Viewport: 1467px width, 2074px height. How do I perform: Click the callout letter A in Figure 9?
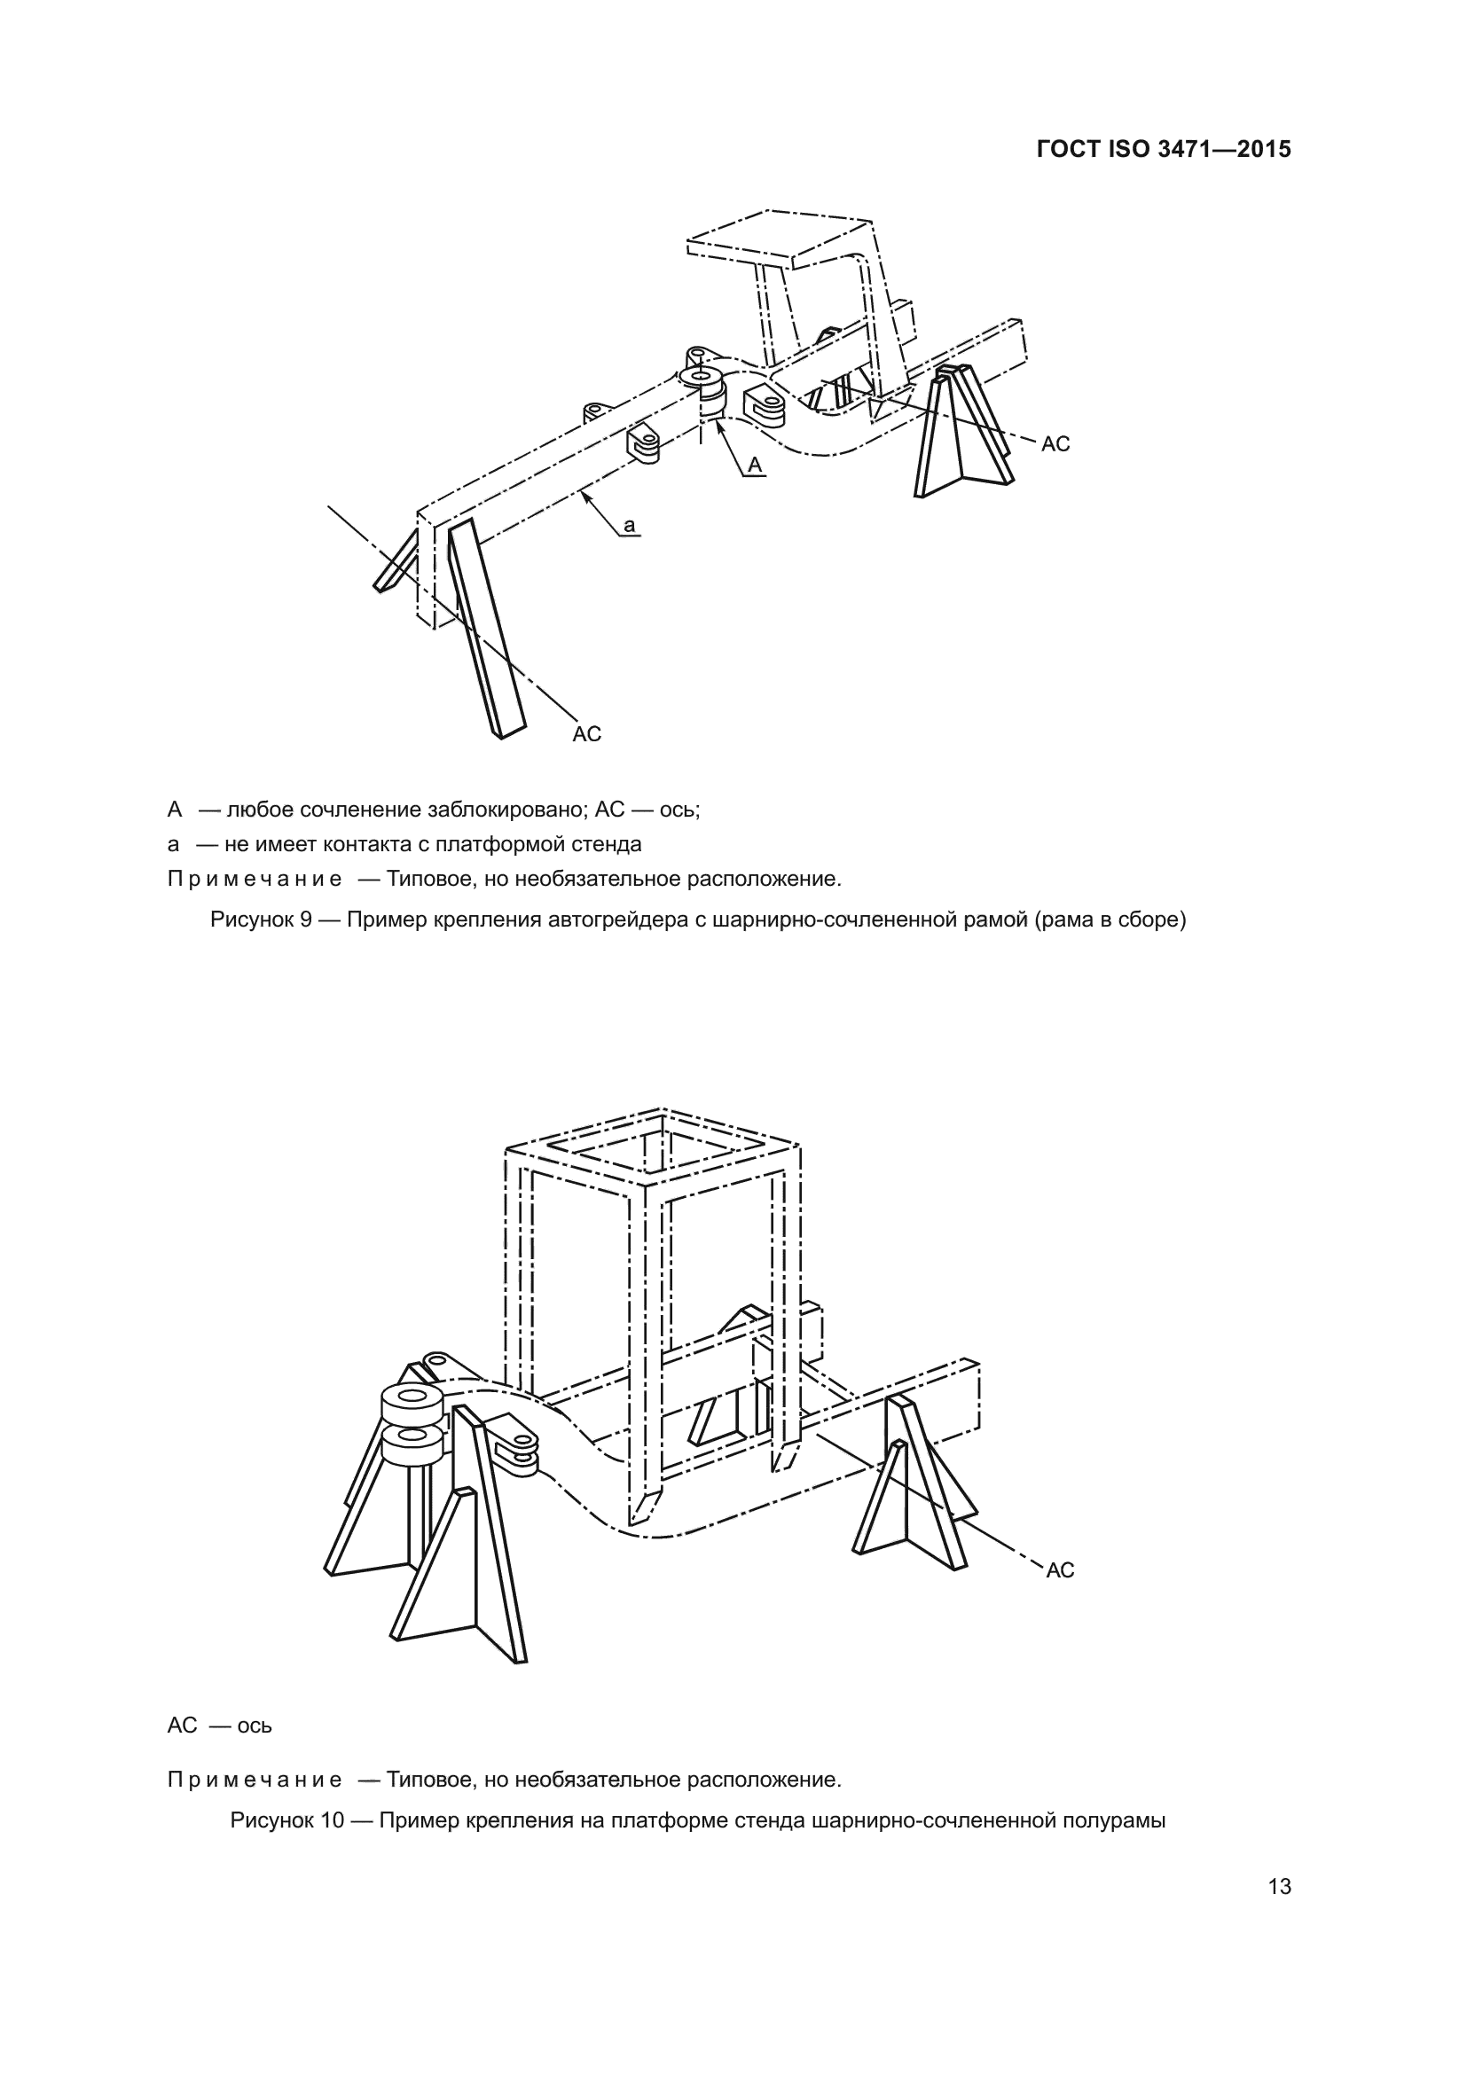click(755, 465)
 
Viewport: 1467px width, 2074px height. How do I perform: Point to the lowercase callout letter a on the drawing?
click(630, 525)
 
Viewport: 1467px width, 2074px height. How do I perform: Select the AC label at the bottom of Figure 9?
click(587, 734)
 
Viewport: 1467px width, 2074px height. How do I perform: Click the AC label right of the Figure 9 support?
click(1055, 443)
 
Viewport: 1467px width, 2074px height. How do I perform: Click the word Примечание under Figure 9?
click(255, 878)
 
